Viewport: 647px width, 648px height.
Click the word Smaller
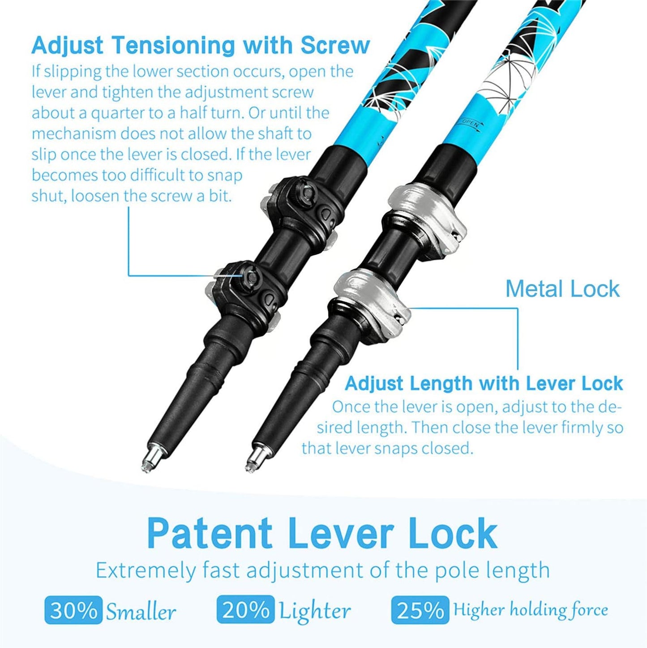(141, 601)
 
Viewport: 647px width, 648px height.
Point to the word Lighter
(315, 601)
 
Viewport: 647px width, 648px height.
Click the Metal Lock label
(562, 289)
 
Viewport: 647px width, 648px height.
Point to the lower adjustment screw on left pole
(252, 277)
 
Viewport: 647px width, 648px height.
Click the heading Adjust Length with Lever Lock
(484, 384)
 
